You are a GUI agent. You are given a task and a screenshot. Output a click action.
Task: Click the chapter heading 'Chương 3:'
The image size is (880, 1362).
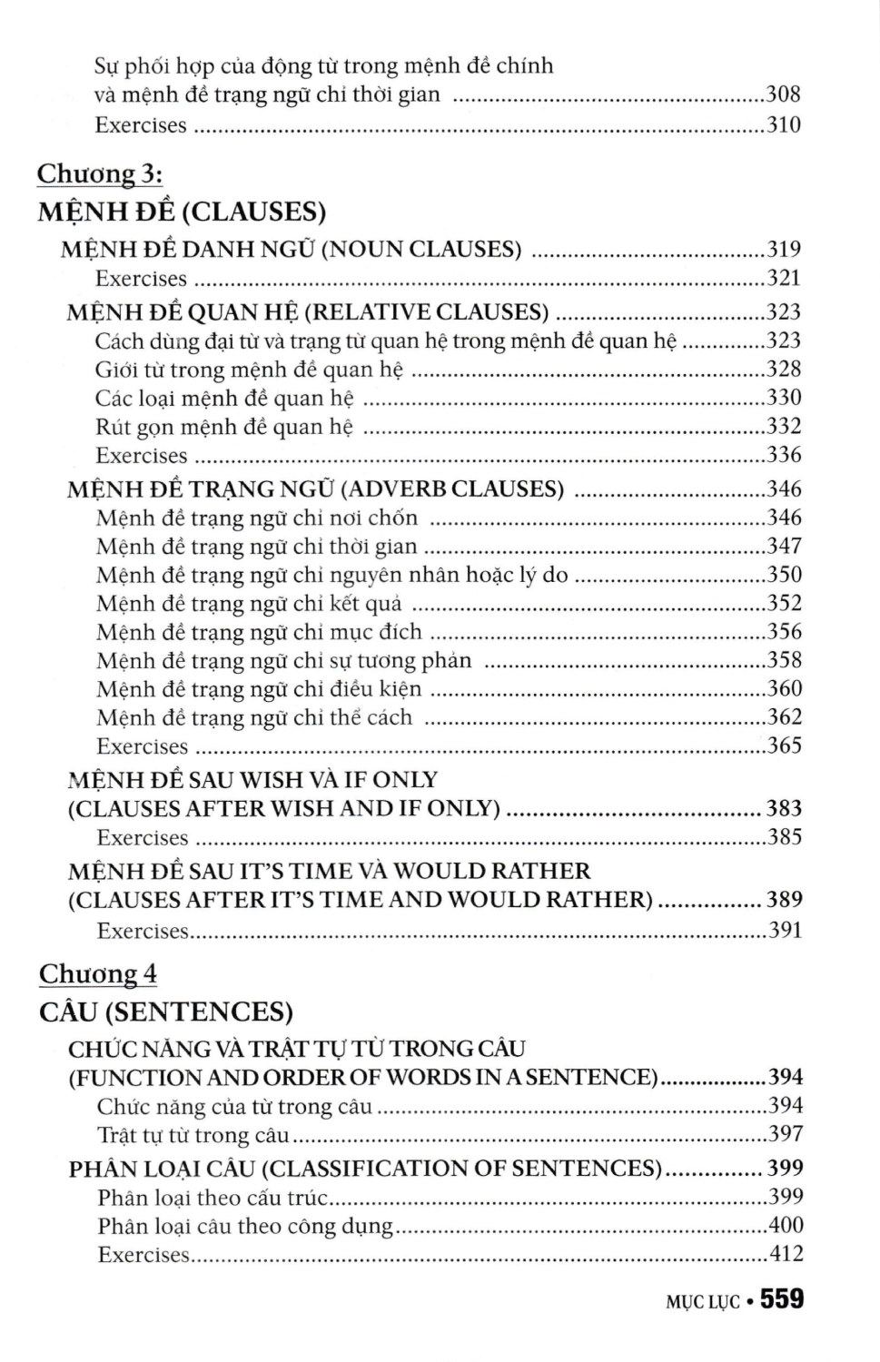(x=100, y=173)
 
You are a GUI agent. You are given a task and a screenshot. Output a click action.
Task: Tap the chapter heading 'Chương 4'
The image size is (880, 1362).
(x=98, y=974)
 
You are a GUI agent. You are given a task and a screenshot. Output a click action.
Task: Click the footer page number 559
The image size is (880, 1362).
(x=782, y=1300)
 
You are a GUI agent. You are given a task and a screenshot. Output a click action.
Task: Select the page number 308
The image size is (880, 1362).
(x=784, y=94)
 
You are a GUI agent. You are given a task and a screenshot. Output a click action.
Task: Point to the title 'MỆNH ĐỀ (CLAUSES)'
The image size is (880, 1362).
(x=182, y=212)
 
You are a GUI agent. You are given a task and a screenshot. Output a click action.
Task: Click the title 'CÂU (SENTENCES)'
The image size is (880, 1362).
(x=166, y=1012)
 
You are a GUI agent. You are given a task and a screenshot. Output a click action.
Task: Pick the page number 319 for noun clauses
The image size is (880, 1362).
(x=784, y=250)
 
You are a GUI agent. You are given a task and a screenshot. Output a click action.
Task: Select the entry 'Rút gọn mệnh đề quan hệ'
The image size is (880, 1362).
(x=224, y=427)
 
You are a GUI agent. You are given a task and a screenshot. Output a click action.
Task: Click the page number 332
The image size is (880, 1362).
(x=784, y=426)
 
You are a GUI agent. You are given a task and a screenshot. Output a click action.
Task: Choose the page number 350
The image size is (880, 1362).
(x=785, y=575)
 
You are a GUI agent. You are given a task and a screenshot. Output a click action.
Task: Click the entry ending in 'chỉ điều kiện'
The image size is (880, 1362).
(x=259, y=689)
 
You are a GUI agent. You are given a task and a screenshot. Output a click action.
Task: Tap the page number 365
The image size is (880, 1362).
(x=785, y=745)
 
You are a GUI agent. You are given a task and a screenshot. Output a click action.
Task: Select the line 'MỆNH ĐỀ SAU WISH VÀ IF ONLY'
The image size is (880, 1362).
(x=252, y=780)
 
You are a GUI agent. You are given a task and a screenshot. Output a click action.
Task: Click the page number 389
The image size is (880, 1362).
(x=785, y=900)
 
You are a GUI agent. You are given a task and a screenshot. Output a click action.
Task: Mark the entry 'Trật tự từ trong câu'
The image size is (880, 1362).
(x=193, y=1135)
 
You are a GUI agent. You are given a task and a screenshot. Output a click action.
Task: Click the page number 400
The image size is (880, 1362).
(x=786, y=1226)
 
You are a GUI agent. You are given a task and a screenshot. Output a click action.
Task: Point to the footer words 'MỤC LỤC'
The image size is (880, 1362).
(x=703, y=1302)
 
